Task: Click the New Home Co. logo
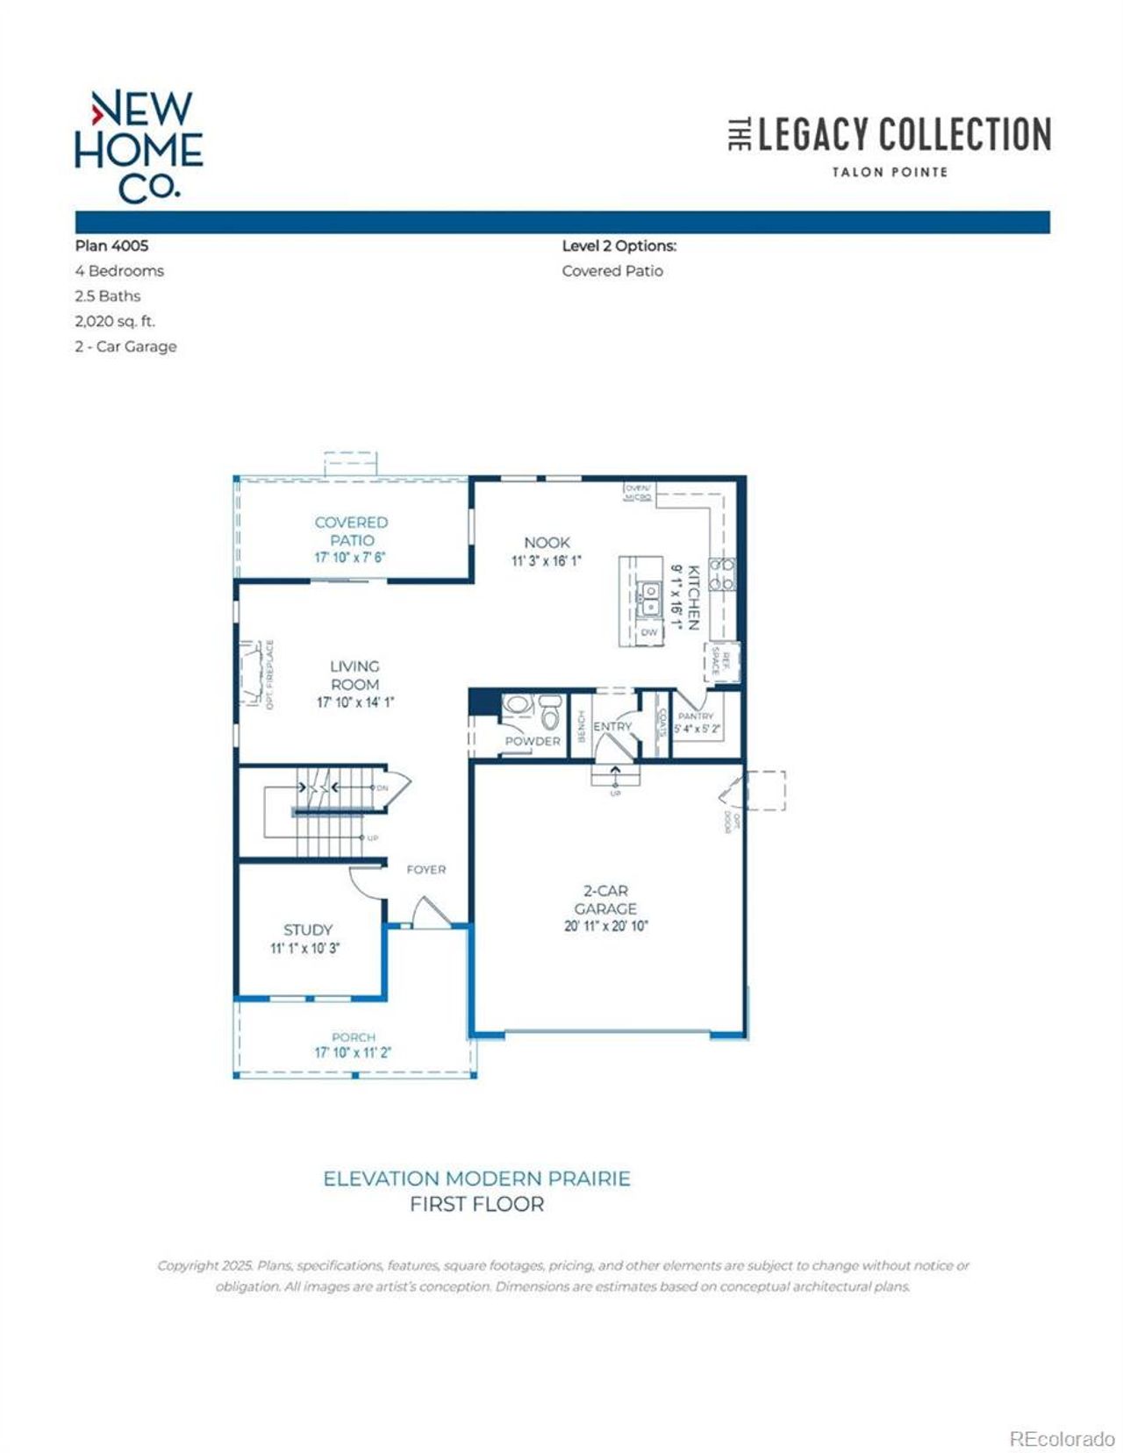[139, 146]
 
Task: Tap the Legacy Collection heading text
[903, 135]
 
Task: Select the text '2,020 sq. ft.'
[115, 321]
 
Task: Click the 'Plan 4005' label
[111, 246]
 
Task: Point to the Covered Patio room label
[351, 531]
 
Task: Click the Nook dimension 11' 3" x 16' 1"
[546, 561]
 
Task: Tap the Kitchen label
[692, 597]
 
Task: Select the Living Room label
[354, 675]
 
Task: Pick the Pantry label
[696, 716]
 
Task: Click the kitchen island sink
[650, 600]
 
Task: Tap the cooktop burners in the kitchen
[721, 573]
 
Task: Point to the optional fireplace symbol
[254, 673]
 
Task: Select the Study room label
[307, 929]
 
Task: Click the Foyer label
[426, 869]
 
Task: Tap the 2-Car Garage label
[605, 900]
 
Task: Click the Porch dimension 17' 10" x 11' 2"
[353, 1052]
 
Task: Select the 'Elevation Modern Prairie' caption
[476, 1179]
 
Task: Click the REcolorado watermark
[1061, 1438]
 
